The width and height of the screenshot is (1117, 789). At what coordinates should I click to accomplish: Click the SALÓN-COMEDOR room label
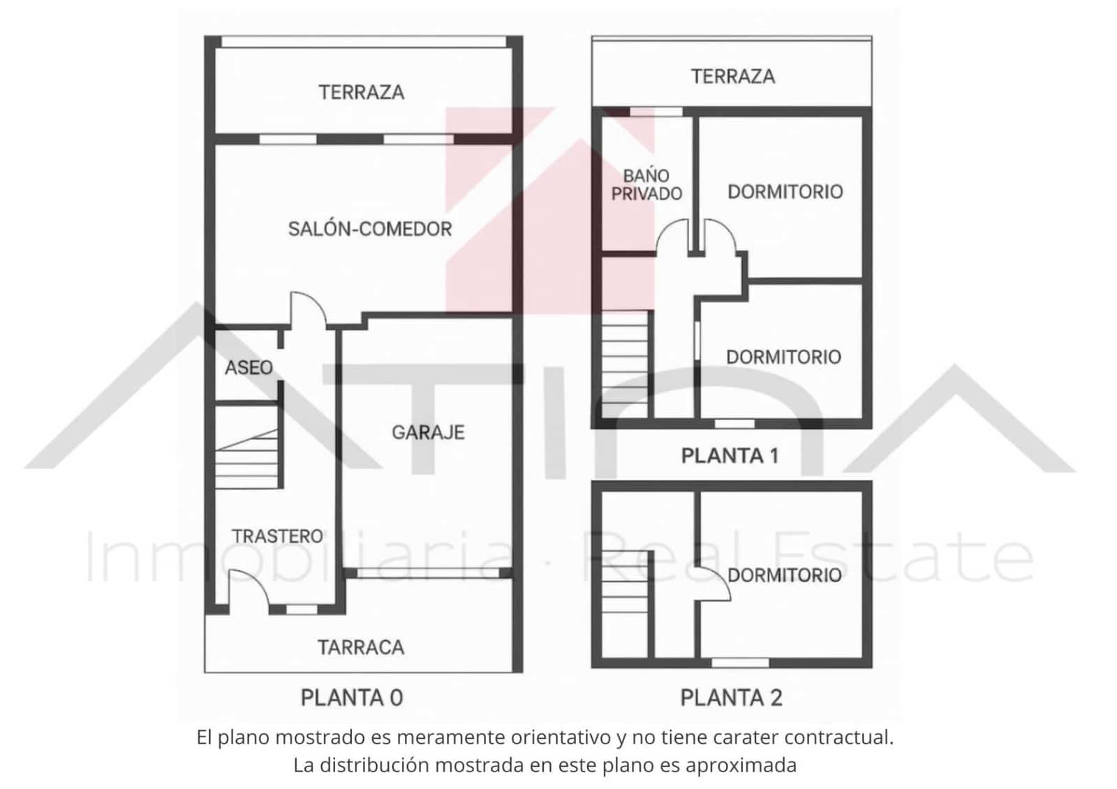(370, 229)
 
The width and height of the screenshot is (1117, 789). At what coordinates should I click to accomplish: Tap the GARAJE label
(428, 433)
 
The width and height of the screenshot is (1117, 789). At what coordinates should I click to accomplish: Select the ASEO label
(249, 368)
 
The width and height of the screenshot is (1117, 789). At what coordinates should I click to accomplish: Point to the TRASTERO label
(278, 536)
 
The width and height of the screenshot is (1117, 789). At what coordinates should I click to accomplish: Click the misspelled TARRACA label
(361, 648)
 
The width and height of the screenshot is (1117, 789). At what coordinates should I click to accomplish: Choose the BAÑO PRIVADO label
(646, 185)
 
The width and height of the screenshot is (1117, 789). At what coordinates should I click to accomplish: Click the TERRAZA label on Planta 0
(362, 92)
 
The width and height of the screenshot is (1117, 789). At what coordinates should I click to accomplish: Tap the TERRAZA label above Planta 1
(733, 76)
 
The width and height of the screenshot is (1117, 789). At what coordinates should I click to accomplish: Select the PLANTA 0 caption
(352, 698)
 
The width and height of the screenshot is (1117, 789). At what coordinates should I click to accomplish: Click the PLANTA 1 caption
(730, 456)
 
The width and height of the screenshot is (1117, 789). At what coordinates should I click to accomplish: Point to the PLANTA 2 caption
(731, 698)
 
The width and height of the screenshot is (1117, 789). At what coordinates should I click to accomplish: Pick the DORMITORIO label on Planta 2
(785, 575)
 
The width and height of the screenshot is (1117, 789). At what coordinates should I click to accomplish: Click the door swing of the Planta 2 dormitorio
(713, 583)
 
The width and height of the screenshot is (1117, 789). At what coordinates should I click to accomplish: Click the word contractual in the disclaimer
(838, 737)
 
